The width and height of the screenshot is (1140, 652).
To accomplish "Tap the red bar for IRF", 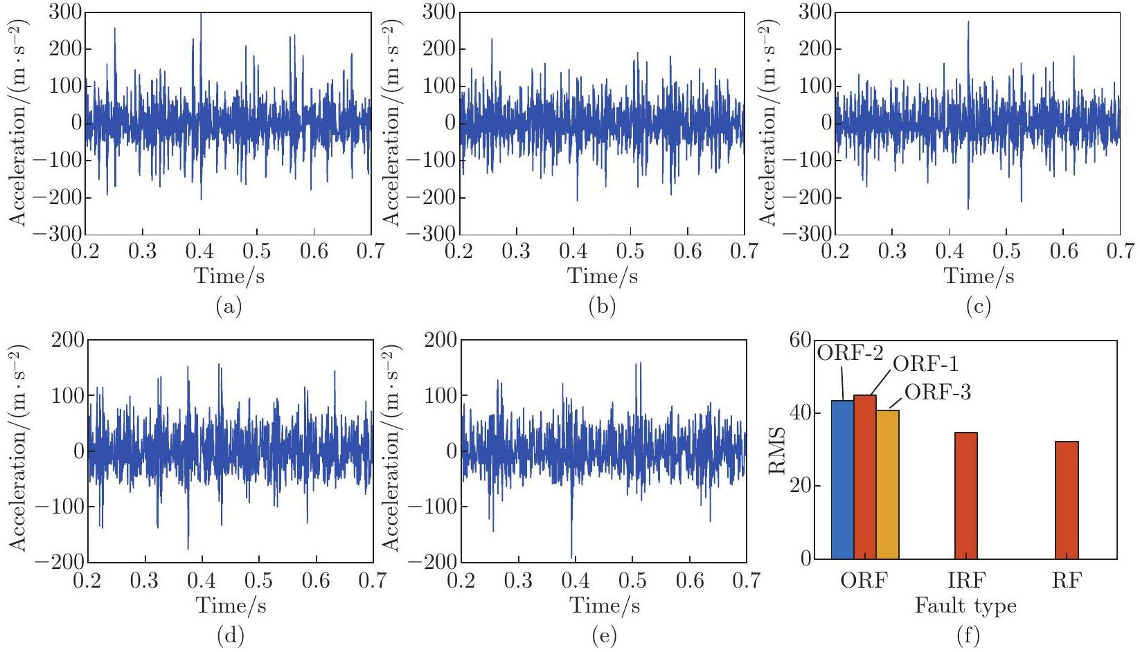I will coord(965,496).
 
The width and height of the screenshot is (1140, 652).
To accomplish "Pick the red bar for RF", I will coord(1067,500).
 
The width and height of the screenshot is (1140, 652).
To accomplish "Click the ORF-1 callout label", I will coord(925,364).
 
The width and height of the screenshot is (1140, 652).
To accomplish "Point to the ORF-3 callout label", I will coord(938,392).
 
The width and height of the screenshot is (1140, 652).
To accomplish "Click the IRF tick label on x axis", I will coord(965,580).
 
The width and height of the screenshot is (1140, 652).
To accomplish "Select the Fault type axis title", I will coord(965,606).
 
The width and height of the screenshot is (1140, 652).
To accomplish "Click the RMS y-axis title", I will coord(778,450).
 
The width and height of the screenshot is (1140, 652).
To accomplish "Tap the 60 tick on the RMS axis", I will coord(800,340).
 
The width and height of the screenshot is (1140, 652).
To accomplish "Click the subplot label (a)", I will coord(229,306).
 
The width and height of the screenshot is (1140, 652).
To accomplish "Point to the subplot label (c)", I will coord(978,306).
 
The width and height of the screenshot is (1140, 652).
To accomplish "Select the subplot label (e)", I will coord(605,635).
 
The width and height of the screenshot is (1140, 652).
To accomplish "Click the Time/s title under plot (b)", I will coord(603,276).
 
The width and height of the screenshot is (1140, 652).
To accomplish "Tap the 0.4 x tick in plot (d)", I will coord(202,580).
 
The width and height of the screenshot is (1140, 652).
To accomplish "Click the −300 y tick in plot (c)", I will coord(808,234).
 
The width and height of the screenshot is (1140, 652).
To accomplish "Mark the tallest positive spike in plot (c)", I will coord(968,23).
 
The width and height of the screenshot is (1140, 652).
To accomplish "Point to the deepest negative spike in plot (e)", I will coord(571,556).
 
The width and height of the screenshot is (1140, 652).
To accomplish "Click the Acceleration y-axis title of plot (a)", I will coord(19,123).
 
